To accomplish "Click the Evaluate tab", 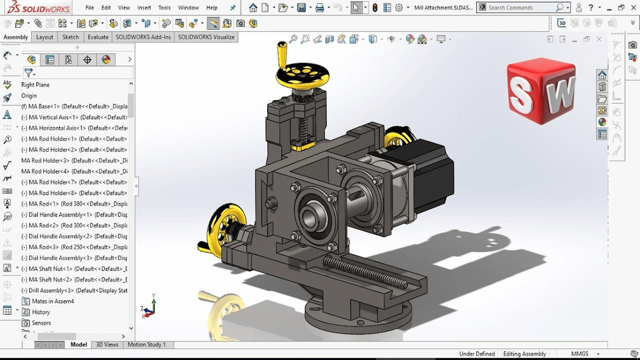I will (x=98, y=37).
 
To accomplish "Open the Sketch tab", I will (x=70, y=37).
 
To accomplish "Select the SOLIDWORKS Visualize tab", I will (x=206, y=37).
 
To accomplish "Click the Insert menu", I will (x=144, y=8).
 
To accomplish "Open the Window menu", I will (x=188, y=8).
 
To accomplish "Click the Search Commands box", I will (x=520, y=8).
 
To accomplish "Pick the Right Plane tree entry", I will (x=35, y=85).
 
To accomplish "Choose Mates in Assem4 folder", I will (x=52, y=301).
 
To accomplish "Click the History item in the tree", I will (x=41, y=312).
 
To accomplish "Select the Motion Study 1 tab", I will (x=147, y=345).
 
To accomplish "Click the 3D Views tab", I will (x=107, y=345).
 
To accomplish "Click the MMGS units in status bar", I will (x=580, y=354).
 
